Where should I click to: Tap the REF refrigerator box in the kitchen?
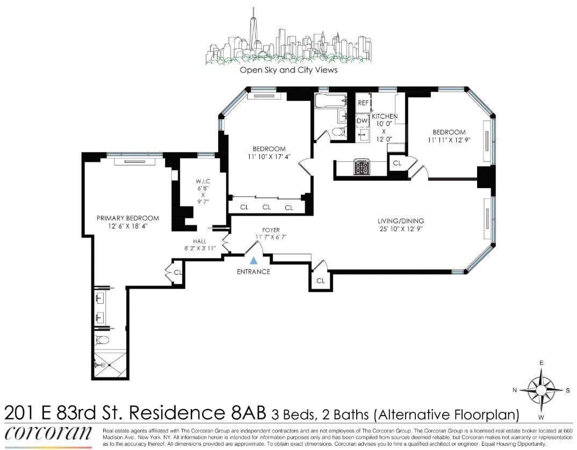click(x=363, y=102)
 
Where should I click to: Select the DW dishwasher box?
click(x=363, y=121)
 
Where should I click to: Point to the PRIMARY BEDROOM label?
click(x=128, y=218)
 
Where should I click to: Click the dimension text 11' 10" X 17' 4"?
click(x=270, y=158)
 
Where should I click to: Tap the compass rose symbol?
click(x=541, y=389)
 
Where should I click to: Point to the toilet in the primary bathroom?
click(x=102, y=340)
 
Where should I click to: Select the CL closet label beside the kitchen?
click(x=397, y=163)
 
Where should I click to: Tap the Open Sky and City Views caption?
click(x=288, y=70)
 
